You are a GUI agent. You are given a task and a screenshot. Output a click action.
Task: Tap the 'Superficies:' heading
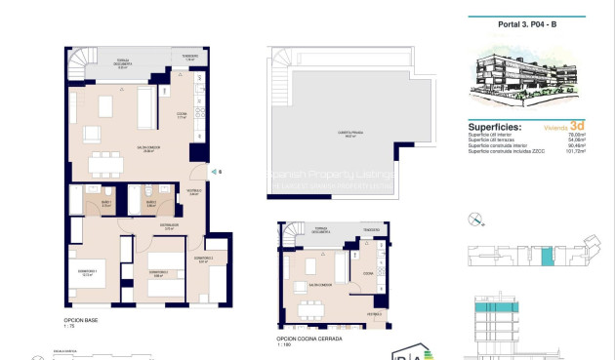pyautogui.click(x=494, y=128)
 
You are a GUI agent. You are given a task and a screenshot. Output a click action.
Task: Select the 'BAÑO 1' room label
pyautogui.click(x=106, y=204)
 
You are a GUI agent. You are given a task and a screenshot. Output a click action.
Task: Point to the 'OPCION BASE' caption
pyautogui.click(x=83, y=319)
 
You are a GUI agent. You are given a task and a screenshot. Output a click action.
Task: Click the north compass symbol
pyautogui.click(x=475, y=219)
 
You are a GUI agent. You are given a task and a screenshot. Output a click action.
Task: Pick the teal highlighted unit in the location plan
pyautogui.click(x=548, y=257)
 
